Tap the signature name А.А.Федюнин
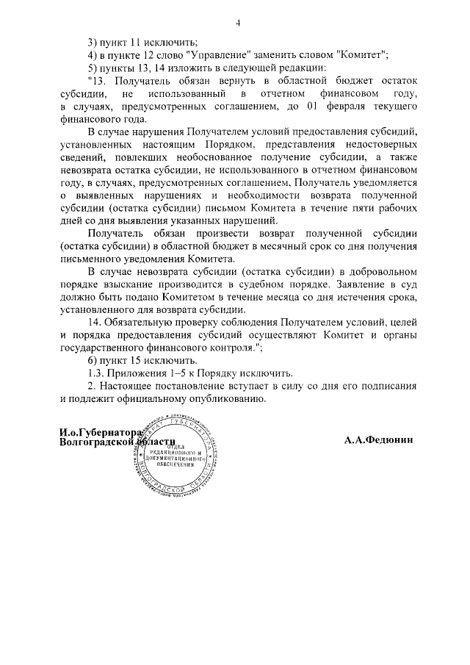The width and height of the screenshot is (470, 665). click(x=379, y=440)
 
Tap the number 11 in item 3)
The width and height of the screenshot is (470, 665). click(x=135, y=41)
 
